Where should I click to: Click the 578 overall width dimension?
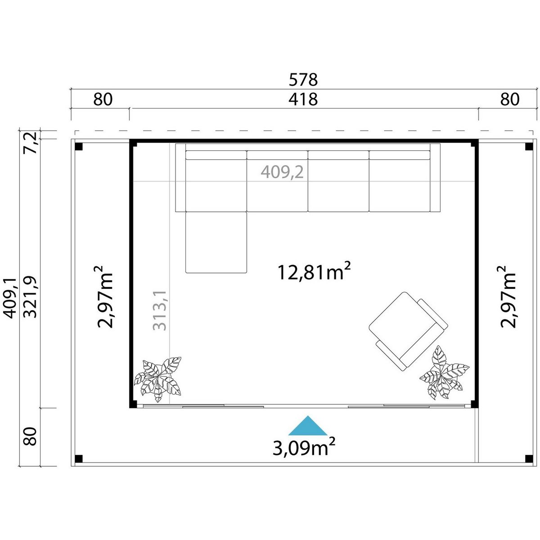(303, 80)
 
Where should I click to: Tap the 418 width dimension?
(303, 99)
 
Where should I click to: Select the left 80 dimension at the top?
(103, 99)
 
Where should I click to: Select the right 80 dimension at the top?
(510, 99)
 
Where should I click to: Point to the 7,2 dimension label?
(30, 143)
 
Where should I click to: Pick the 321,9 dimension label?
(30, 297)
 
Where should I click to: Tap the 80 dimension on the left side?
(30, 436)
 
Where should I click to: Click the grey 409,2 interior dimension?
(282, 172)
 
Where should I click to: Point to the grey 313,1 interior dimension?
(160, 310)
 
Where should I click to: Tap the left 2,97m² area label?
(105, 297)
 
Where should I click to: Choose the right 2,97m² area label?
(508, 297)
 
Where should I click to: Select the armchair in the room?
(408, 332)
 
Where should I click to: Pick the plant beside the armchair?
(444, 373)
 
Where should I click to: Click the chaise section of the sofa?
(216, 243)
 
